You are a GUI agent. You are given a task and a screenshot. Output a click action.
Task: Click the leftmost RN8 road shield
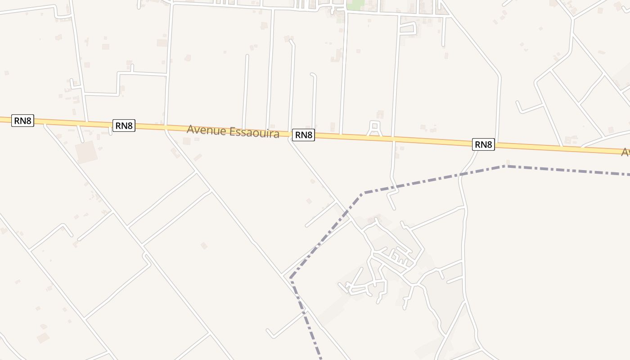[x=22, y=121]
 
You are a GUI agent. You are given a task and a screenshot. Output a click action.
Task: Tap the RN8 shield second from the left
[x=124, y=126]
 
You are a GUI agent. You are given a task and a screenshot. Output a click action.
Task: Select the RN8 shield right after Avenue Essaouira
[x=303, y=135]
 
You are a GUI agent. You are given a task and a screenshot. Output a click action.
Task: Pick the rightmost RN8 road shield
[x=483, y=144]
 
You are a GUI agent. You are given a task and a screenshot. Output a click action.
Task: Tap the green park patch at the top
[x=356, y=5]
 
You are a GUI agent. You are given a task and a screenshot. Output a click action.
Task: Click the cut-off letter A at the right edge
[x=625, y=153]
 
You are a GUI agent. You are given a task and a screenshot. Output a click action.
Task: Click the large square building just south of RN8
[x=86, y=152]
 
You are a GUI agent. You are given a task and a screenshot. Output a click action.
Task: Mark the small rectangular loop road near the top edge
[x=407, y=29]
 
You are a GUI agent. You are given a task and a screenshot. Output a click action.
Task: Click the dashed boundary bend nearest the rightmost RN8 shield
[x=506, y=166]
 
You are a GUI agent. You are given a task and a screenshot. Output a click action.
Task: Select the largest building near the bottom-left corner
[x=43, y=337]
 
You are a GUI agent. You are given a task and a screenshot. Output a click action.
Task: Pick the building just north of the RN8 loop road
[x=380, y=114]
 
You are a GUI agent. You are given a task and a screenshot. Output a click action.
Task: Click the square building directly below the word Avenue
[x=186, y=141]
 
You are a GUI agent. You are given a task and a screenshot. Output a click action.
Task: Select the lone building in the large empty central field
[x=204, y=245]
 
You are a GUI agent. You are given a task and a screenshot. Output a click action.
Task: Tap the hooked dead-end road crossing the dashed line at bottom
[x=288, y=324]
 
